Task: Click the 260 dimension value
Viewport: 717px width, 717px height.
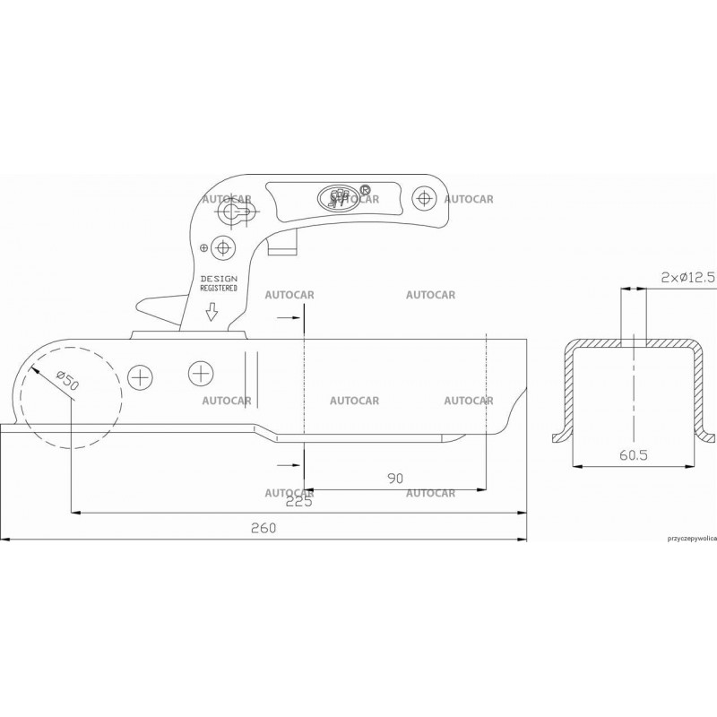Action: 263,529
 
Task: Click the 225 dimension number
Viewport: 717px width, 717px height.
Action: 298,502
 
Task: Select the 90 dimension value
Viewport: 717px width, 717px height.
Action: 395,479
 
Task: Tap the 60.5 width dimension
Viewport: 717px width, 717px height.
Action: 633,455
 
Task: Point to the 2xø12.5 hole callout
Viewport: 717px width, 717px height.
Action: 687,278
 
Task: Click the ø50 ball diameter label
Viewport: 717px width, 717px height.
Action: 66,380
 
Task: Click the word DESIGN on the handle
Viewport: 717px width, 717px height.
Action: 219,280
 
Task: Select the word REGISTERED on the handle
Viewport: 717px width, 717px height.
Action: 219,289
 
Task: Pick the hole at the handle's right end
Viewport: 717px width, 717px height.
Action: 421,196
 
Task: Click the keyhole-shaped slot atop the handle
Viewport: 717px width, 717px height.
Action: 236,211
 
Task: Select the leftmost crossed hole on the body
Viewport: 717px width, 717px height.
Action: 140,376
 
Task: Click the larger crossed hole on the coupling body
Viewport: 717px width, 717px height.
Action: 201,371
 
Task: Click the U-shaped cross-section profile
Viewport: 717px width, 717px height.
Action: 633,385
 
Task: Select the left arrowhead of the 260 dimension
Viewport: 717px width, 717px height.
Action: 4,540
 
